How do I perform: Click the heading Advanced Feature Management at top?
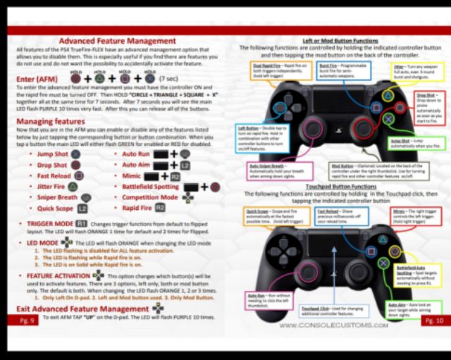116,41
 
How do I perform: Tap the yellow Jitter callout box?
400,70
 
